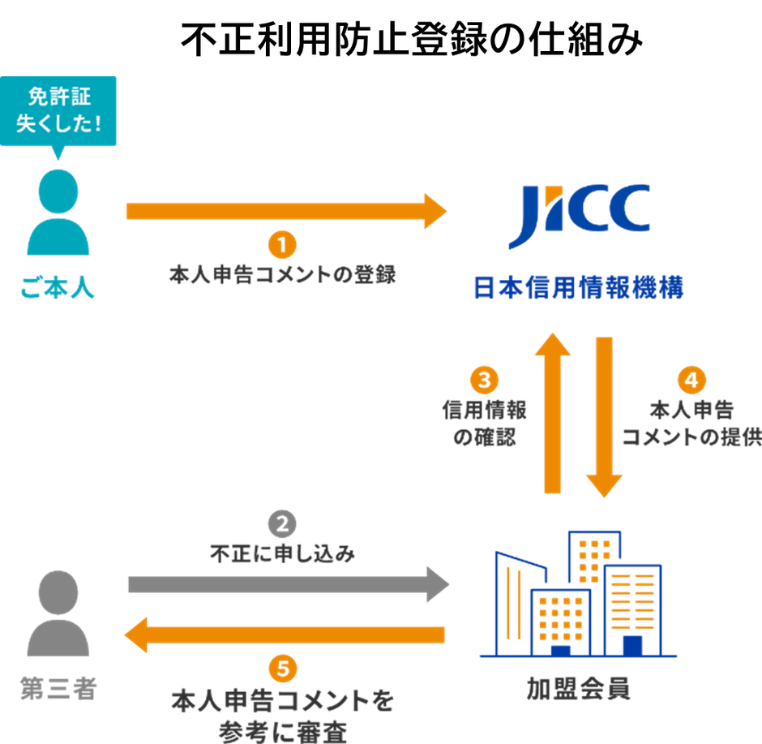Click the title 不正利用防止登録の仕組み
click(x=411, y=39)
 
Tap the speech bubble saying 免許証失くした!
click(x=59, y=111)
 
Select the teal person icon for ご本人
click(x=58, y=212)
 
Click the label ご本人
click(x=58, y=288)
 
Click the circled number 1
click(x=282, y=245)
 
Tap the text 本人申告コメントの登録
click(x=282, y=274)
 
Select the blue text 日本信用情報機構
click(x=578, y=288)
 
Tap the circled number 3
click(x=485, y=381)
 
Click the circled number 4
click(x=691, y=381)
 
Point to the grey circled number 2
click(x=282, y=525)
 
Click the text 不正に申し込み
click(x=282, y=555)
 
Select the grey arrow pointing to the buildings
click(x=288, y=584)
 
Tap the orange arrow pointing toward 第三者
click(x=284, y=634)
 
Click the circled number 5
click(x=282, y=669)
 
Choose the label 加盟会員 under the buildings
click(x=578, y=690)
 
